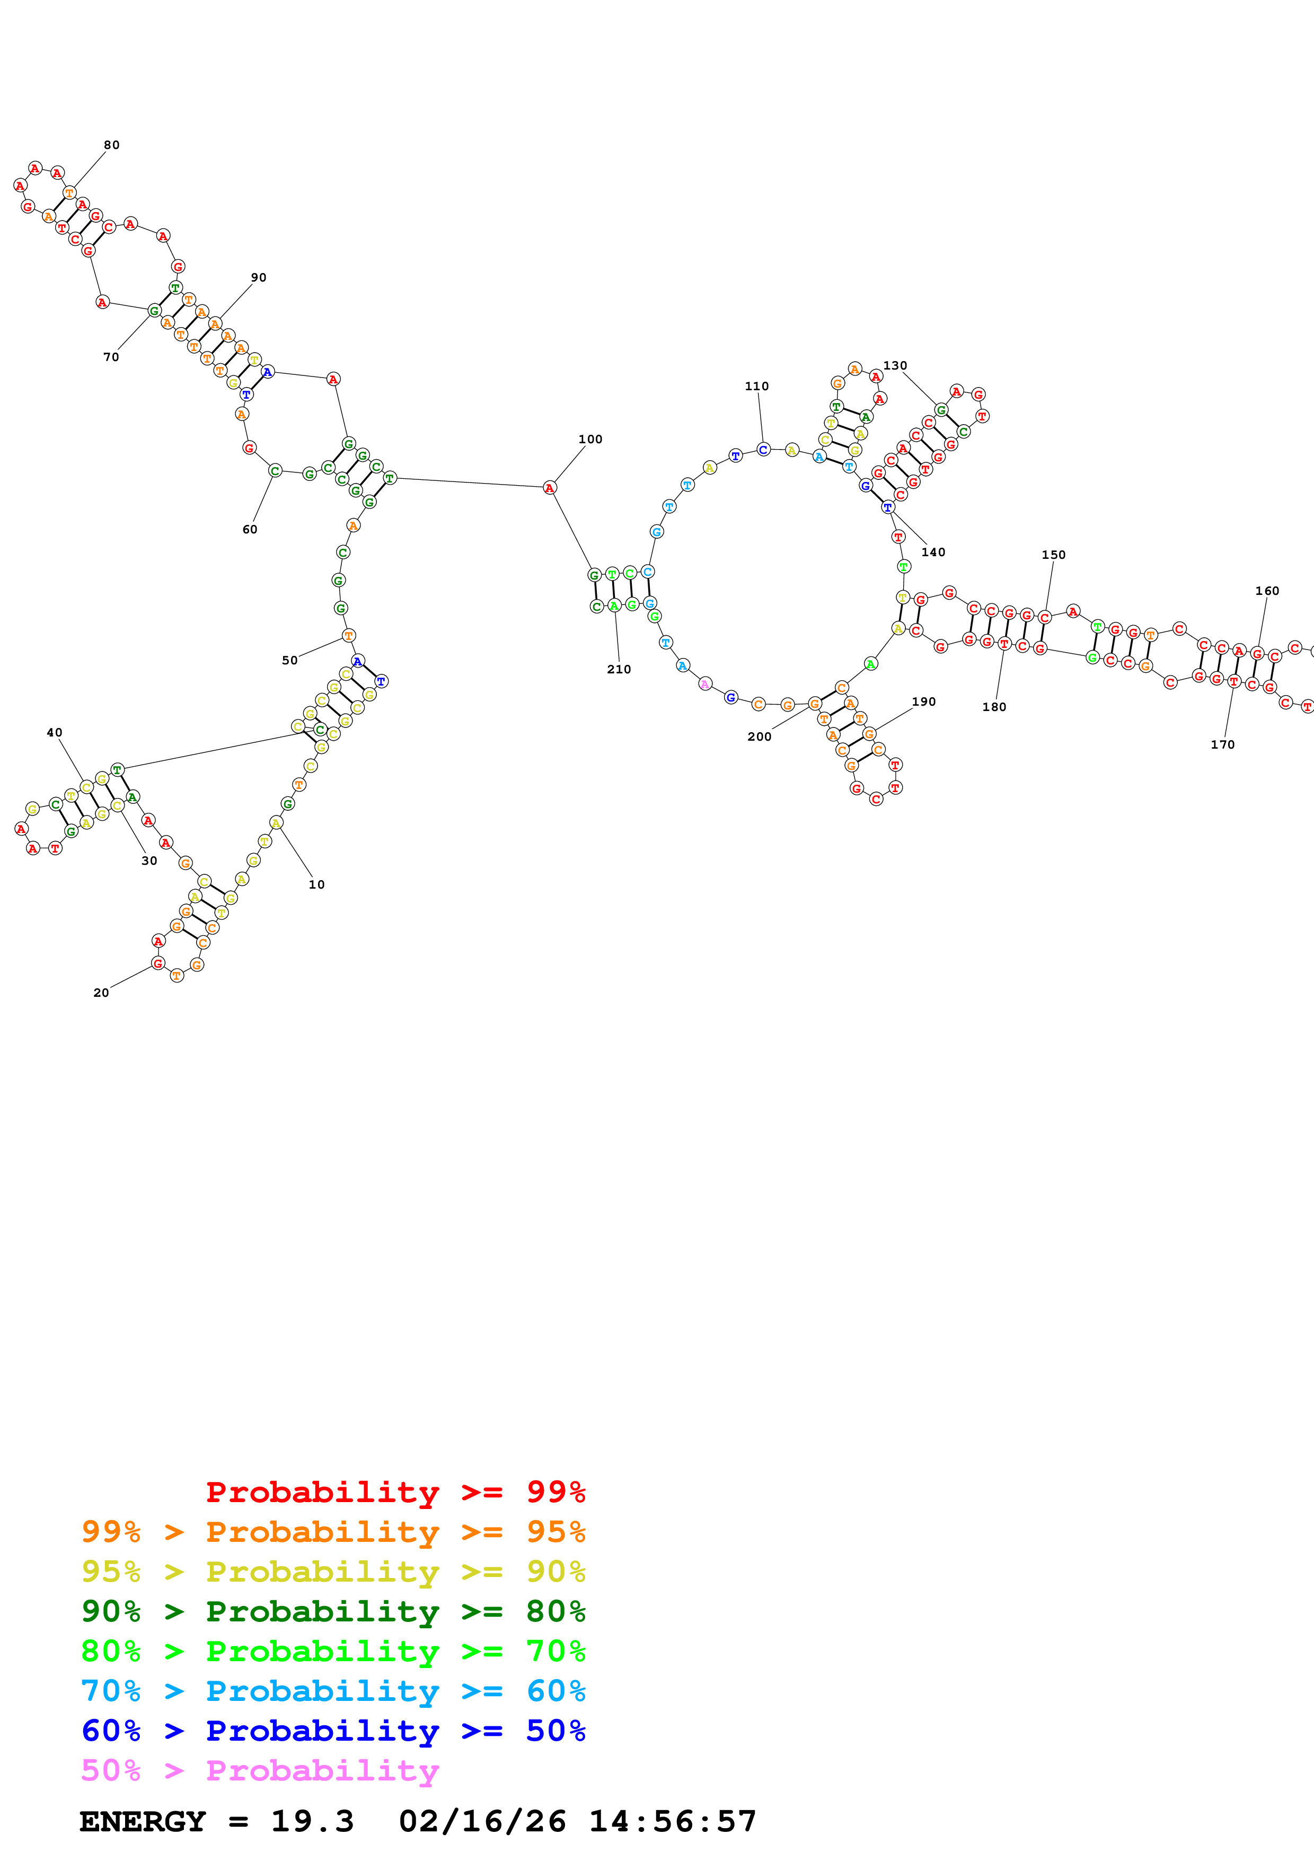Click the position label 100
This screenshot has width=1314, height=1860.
tap(590, 439)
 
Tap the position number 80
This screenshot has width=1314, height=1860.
tap(112, 145)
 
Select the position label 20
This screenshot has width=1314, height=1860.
tap(101, 993)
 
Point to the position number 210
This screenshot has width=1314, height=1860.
tap(619, 669)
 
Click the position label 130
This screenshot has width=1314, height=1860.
tap(895, 365)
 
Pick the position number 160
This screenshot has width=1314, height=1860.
tap(1267, 591)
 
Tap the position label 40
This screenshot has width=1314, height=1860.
tap(54, 732)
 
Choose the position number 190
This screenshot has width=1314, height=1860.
tap(924, 701)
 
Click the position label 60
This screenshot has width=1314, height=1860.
tap(250, 529)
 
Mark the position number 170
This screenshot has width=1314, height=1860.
tap(1222, 744)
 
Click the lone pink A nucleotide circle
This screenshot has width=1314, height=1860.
tap(704, 683)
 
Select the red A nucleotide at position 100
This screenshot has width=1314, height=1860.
tap(550, 488)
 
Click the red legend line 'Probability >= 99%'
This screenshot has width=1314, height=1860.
tap(395, 1492)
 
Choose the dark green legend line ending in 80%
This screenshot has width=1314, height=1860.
tap(333, 1611)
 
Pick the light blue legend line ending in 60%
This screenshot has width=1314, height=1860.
tap(333, 1691)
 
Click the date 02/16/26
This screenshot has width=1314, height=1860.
tap(482, 1822)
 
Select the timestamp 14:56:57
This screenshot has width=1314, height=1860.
tap(672, 1822)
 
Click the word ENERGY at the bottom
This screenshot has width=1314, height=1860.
tap(143, 1822)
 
